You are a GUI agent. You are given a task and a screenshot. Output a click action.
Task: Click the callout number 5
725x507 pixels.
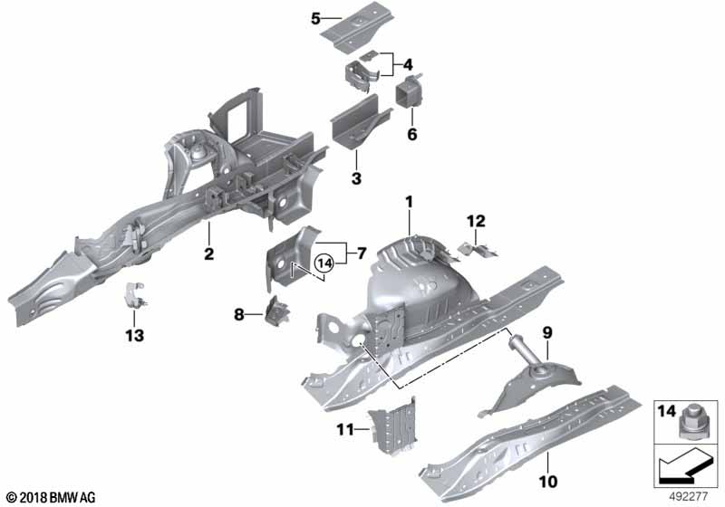pos(315,19)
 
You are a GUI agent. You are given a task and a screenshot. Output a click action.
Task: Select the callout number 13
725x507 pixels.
pos(134,335)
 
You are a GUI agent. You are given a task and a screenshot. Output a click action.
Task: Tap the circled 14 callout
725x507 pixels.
pos(324,263)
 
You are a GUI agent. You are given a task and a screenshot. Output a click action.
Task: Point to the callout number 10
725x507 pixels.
pos(548,482)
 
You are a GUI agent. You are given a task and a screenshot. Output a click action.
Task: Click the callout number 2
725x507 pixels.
pos(209,253)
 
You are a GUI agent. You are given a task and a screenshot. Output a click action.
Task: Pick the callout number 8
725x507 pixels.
pos(238,315)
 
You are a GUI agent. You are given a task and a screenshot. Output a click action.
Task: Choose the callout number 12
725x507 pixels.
pos(477,221)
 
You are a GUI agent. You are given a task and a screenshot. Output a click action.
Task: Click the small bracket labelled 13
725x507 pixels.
pos(134,295)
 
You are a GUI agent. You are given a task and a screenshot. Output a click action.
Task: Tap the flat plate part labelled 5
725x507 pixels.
pos(358,26)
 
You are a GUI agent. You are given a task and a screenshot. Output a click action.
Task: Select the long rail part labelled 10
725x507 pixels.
pos(529,443)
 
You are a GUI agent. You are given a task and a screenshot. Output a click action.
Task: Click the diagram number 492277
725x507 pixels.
pos(688,497)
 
